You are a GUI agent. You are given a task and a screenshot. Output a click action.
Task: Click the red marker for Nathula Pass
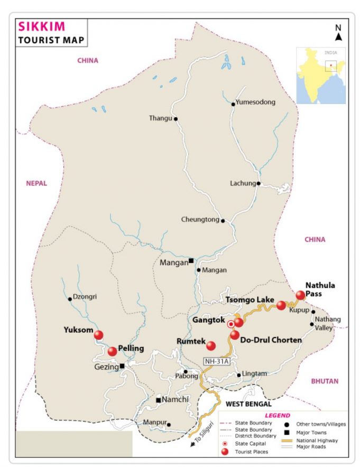(x=301, y=295)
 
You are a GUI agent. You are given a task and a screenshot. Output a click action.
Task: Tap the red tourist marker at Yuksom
(x=98, y=334)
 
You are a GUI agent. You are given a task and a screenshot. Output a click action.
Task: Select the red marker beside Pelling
(x=112, y=351)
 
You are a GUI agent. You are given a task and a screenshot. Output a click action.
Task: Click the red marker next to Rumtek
(x=211, y=345)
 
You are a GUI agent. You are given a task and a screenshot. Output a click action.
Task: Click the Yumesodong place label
(x=256, y=102)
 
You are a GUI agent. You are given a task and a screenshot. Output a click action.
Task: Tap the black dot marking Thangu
(x=176, y=119)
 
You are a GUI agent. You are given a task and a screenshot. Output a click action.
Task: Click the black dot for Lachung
(x=259, y=184)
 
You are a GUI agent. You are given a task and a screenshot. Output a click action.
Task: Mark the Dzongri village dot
(x=70, y=299)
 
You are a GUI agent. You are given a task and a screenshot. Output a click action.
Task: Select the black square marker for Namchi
(x=158, y=400)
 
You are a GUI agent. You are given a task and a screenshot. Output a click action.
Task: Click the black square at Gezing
(x=122, y=366)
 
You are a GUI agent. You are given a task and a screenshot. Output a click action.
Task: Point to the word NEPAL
(x=36, y=183)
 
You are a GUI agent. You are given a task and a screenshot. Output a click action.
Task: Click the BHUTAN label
(x=325, y=380)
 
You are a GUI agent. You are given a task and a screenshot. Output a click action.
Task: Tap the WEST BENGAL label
(x=248, y=404)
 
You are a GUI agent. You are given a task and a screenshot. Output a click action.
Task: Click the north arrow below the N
(x=338, y=37)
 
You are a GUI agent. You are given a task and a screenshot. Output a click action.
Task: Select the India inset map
(x=320, y=76)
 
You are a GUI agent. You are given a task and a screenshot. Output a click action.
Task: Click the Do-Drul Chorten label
(x=271, y=340)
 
